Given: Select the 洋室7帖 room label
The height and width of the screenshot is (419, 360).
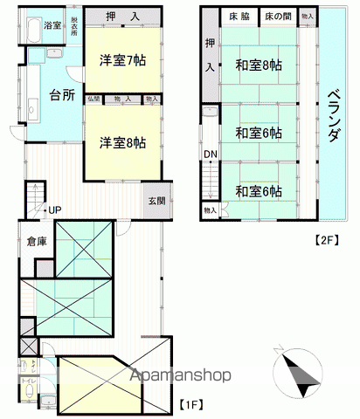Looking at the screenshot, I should [x=121, y=62].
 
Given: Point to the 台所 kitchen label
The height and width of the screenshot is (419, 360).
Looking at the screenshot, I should [x=62, y=94].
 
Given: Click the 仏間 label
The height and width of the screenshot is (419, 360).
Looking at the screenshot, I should [x=93, y=100].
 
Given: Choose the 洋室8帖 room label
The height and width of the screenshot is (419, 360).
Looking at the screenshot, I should [x=121, y=141].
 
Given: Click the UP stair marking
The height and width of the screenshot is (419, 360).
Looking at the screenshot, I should [x=55, y=210].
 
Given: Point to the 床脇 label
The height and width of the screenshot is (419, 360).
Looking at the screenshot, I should [x=238, y=17].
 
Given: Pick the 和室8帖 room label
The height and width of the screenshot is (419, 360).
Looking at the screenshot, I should [x=257, y=65].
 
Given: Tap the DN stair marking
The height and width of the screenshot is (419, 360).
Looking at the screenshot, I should [x=211, y=155].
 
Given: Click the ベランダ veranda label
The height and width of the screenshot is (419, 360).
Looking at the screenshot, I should [x=336, y=115].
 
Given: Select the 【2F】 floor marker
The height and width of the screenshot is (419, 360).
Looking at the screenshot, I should [x=326, y=239].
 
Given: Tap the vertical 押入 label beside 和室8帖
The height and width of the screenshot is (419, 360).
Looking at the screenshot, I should [x=211, y=58].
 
